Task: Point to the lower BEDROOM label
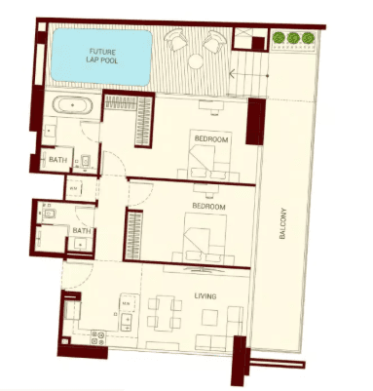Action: (x=210, y=208)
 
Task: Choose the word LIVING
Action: (x=205, y=296)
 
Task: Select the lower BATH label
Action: (x=81, y=231)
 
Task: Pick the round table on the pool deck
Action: (x=195, y=61)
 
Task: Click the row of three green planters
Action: (x=294, y=38)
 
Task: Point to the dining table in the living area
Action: (x=166, y=314)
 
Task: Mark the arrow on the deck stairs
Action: (x=231, y=71)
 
